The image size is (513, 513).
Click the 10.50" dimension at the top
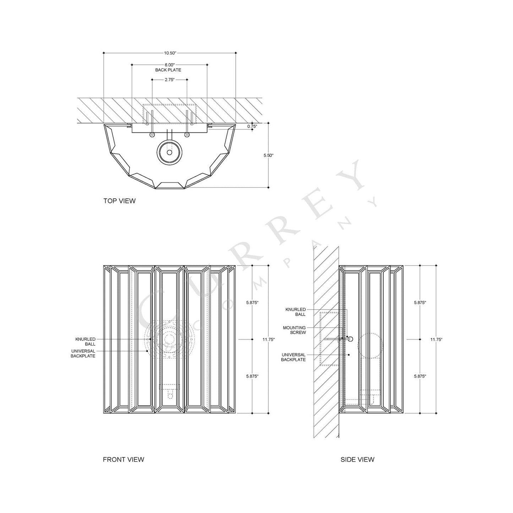170,53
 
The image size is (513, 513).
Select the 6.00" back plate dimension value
169,65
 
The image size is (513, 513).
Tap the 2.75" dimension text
169,80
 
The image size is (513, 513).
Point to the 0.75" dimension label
252,126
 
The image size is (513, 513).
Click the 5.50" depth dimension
269,155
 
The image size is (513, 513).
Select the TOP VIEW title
120,201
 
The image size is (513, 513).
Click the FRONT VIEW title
124,459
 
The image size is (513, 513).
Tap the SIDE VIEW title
357,459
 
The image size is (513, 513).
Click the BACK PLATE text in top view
168,70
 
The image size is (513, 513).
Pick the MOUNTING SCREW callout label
294,330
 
